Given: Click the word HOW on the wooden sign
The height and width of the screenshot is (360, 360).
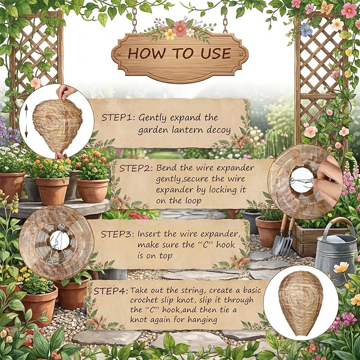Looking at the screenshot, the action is pos(146,53).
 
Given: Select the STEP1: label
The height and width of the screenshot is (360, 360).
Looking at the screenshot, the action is pos(118,117).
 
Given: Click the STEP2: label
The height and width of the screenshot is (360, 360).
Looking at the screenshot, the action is pos(136,168).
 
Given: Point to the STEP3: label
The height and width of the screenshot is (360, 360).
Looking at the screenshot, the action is pos(117,234).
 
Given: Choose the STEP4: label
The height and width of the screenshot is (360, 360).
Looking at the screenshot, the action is pos(111,291).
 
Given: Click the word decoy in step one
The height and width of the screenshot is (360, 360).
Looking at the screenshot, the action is pos(218,130).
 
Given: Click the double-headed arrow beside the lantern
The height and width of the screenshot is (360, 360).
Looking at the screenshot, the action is pos(26,121).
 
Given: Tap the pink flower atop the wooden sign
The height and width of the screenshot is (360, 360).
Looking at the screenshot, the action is pos(180,28).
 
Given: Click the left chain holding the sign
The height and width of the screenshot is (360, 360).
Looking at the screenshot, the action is pos(134,20).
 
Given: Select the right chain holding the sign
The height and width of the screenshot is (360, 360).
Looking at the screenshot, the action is pos(225,20).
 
